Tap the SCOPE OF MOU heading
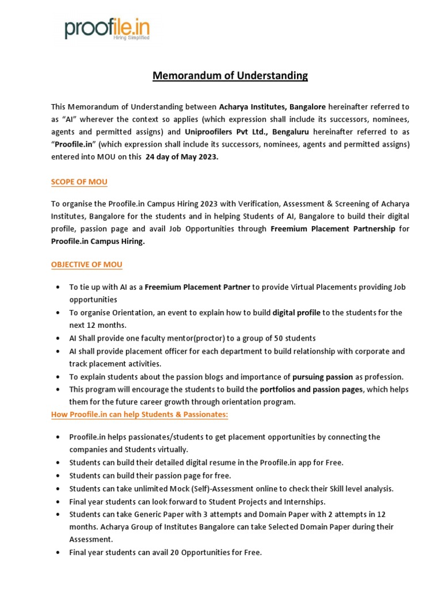pyautogui.click(x=79, y=182)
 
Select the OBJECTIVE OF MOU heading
pyautogui.click(x=86, y=265)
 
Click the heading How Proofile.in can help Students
pyautogui.click(x=140, y=415)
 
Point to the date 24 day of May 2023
pyautogui.click(x=182, y=158)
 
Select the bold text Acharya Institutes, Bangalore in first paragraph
pyautogui.click(x=272, y=107)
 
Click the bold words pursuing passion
pyautogui.click(x=322, y=377)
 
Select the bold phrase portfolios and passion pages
pyautogui.click(x=311, y=389)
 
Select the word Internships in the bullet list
pyautogui.click(x=304, y=501)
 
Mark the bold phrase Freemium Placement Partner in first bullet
pyautogui.click(x=197, y=287)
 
